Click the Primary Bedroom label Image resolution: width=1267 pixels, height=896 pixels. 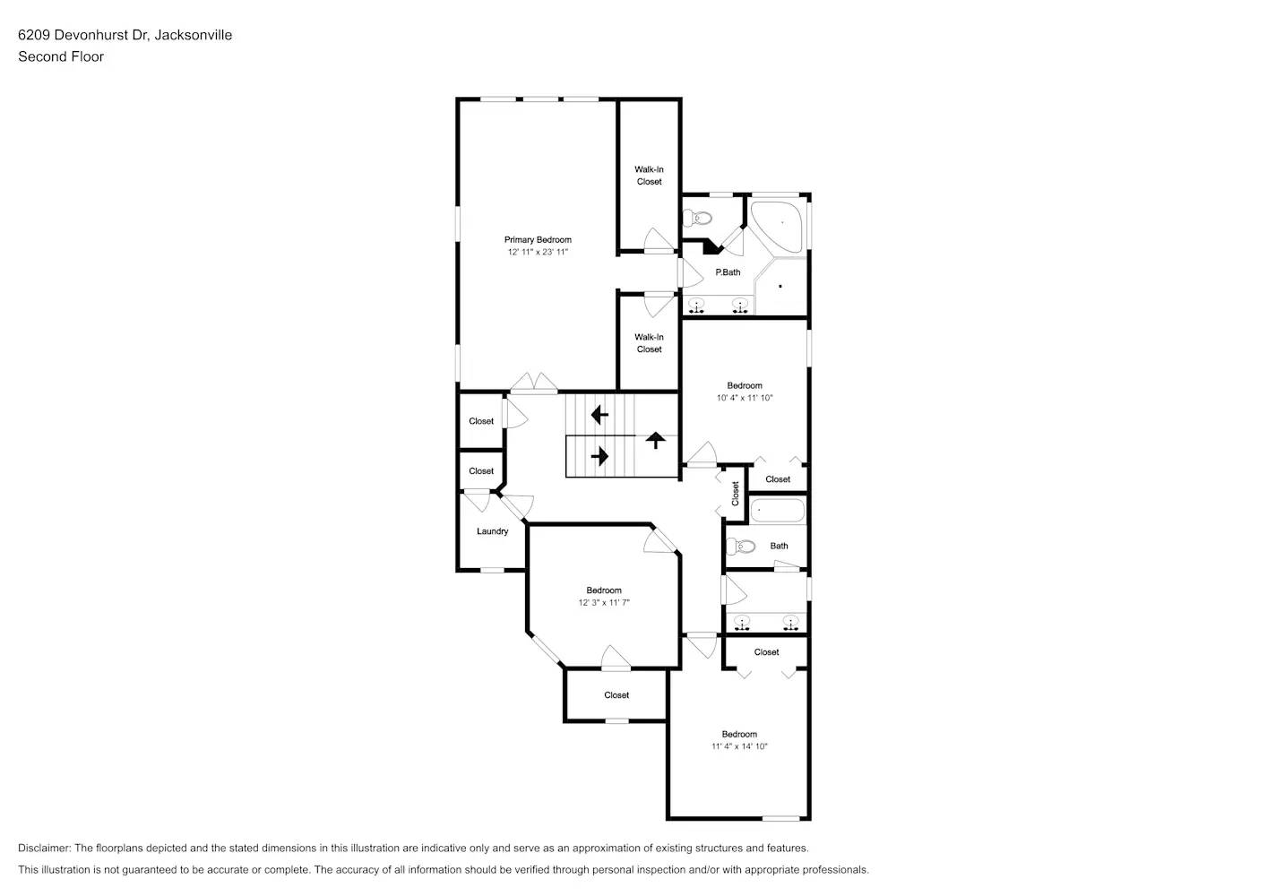[538, 239]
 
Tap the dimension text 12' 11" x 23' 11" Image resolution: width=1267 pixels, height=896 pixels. [538, 252]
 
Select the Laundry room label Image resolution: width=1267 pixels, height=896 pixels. [492, 531]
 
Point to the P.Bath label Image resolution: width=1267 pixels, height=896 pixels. [728, 272]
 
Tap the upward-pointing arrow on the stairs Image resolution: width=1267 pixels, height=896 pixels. [656, 439]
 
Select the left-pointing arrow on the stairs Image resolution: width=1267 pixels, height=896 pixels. [599, 415]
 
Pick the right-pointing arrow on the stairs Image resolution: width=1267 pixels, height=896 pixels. [599, 456]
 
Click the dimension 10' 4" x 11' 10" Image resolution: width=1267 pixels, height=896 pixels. [744, 398]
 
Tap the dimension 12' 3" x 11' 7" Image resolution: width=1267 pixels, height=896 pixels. [604, 603]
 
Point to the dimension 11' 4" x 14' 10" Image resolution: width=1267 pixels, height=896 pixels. [739, 746]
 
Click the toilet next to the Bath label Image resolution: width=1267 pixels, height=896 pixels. [742, 546]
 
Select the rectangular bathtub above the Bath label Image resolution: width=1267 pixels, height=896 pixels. [778, 511]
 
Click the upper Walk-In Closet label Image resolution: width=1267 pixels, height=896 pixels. [649, 176]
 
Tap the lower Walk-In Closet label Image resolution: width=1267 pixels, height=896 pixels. [649, 343]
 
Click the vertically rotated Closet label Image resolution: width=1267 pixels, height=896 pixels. [736, 493]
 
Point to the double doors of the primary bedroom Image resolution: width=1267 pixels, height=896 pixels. [534, 383]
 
